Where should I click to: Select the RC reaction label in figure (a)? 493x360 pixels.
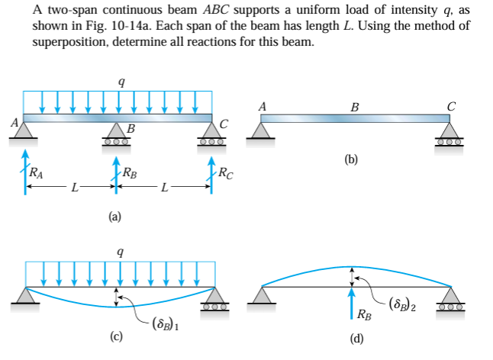[x=225, y=175]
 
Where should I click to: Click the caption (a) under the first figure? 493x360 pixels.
[x=114, y=217]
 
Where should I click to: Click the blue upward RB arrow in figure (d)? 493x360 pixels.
[x=352, y=301]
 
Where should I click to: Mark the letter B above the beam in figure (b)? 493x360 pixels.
[x=353, y=107]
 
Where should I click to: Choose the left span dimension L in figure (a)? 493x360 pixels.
[x=72, y=188]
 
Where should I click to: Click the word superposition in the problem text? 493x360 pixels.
[x=66, y=40]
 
